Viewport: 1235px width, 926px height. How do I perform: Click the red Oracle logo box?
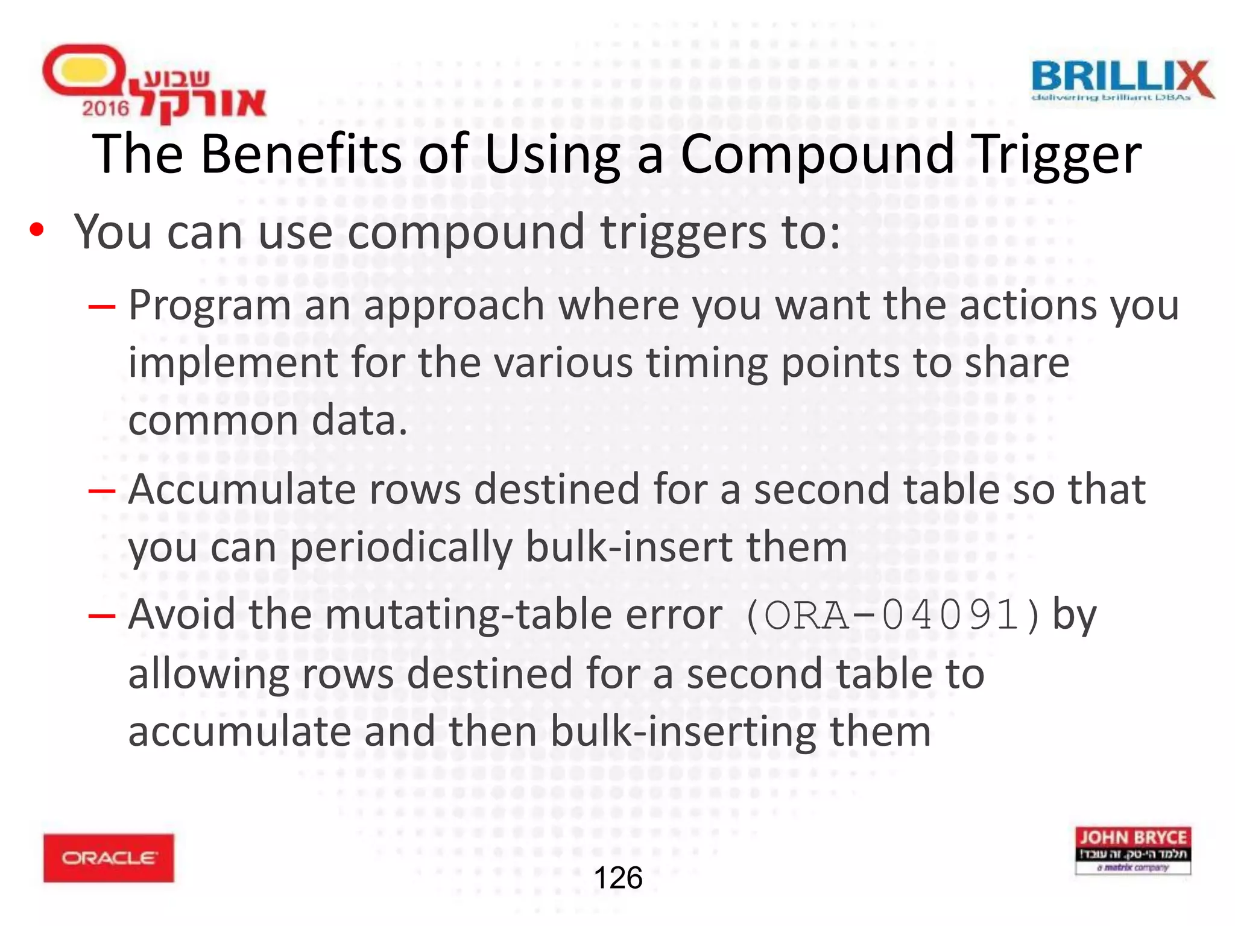pos(109,857)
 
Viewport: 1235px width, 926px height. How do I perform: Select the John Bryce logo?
pos(1132,850)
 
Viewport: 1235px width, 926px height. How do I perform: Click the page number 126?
pos(618,878)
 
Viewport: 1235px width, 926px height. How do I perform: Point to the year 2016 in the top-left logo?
pos(106,109)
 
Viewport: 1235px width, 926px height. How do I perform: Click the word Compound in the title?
pos(818,154)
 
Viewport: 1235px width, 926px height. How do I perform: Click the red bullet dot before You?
pos(37,231)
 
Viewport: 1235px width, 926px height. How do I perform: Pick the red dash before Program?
pos(101,306)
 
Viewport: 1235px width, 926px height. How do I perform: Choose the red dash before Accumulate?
pos(101,490)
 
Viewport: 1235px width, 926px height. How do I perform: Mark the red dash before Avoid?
pos(101,616)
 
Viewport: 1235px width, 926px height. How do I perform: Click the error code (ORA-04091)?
pos(892,616)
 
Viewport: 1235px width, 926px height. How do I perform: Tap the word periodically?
pos(401,548)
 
